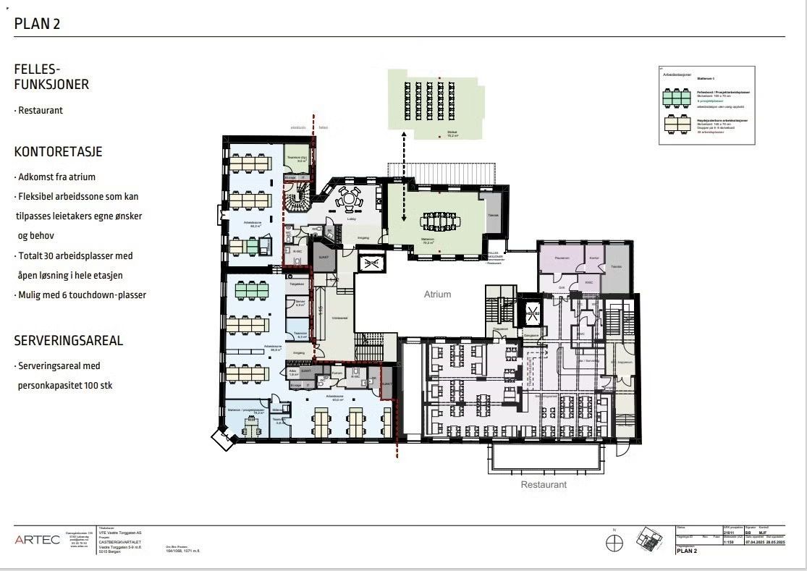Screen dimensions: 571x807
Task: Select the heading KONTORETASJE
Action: click(x=58, y=152)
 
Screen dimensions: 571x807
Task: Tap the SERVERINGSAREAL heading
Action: click(x=69, y=340)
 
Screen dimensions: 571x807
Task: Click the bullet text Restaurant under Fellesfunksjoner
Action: click(x=41, y=111)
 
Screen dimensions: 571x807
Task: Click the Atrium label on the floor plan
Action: click(x=437, y=295)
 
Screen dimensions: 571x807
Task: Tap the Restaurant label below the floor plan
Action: click(x=544, y=484)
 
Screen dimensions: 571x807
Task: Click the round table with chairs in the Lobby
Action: click(x=349, y=198)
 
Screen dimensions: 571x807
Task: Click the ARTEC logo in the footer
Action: click(x=38, y=540)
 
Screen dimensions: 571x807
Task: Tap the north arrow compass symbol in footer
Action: click(x=615, y=541)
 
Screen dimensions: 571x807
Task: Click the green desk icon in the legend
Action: click(x=677, y=97)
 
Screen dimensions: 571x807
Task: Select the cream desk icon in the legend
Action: click(x=677, y=124)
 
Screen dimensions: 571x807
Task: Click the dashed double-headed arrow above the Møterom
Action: click(x=404, y=177)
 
